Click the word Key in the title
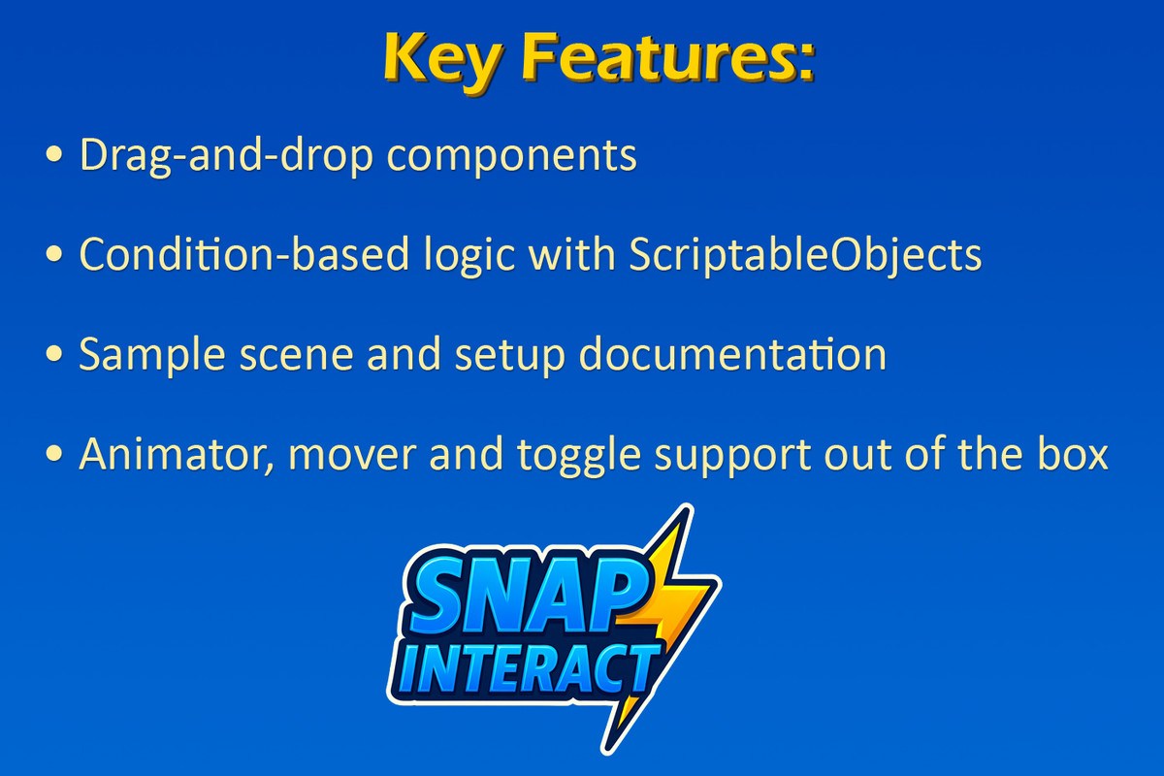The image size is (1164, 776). (x=443, y=61)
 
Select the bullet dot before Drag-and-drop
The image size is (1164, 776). (x=54, y=154)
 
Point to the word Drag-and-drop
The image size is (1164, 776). (x=226, y=156)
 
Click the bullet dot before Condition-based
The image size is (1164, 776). (x=54, y=253)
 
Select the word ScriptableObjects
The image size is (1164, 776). (x=805, y=256)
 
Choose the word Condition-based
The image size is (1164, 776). (x=244, y=254)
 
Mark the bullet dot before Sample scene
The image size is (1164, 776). (x=54, y=353)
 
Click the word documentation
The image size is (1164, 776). (x=732, y=353)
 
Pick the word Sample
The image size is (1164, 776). (x=151, y=356)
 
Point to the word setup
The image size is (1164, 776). (x=510, y=358)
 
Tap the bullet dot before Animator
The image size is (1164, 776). (x=54, y=453)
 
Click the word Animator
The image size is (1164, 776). (x=177, y=454)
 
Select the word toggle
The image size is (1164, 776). (x=579, y=456)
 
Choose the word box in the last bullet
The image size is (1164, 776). (x=1073, y=453)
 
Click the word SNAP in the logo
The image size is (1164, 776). (x=525, y=596)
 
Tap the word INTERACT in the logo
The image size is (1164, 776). (x=525, y=669)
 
